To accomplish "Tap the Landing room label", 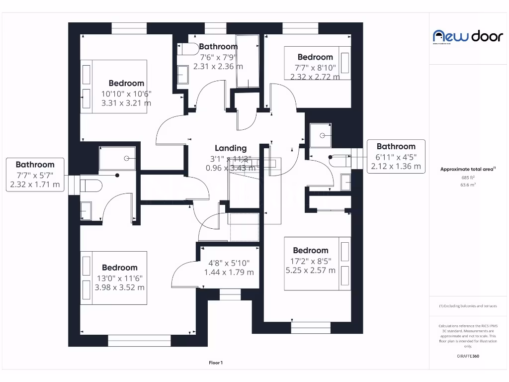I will (x=231, y=148).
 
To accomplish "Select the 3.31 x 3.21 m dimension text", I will (x=126, y=103).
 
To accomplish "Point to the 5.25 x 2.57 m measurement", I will (x=310, y=271).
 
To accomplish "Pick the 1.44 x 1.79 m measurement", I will (x=229, y=272).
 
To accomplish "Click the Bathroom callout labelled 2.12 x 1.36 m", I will (x=396, y=157).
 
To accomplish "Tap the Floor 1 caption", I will (x=216, y=363).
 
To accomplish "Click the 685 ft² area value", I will (x=468, y=178).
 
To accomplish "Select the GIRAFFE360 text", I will (x=468, y=356).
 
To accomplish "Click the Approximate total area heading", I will (x=468, y=169).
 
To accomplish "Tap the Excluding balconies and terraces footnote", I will (x=468, y=306).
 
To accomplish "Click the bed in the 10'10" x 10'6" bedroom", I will (x=114, y=86).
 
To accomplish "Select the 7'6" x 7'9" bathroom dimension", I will (x=218, y=57).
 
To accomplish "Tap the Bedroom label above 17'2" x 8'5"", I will (x=311, y=251).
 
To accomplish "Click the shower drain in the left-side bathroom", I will (x=127, y=158).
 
